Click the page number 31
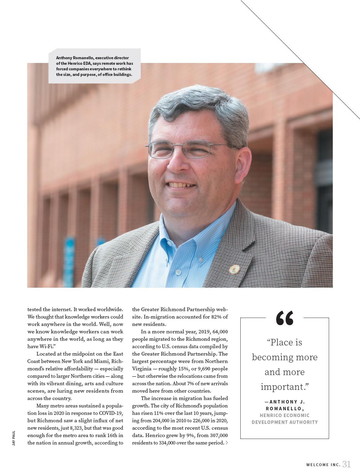pyautogui.click(x=346, y=464)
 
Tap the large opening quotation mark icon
pyautogui.click(x=285, y=318)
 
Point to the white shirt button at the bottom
pyautogui.click(x=178, y=272)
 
